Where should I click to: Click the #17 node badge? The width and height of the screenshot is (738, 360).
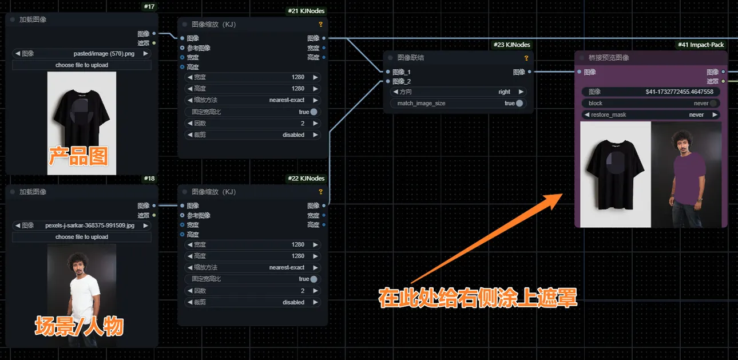coord(149,7)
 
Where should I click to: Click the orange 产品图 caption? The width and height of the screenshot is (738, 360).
coord(78,156)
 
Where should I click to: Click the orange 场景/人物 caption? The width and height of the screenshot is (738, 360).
coord(79,326)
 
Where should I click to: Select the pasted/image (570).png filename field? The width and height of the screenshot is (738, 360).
coord(82,53)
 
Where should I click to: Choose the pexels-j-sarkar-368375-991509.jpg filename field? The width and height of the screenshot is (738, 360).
coord(82,226)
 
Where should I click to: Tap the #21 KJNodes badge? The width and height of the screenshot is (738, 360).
coord(305,11)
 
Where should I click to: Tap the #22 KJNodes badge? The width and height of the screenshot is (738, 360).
coord(305,179)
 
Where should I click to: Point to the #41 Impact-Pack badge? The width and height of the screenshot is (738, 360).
coord(701,45)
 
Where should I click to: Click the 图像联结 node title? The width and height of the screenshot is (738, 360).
coord(410,58)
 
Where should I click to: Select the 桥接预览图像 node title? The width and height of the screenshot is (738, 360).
coord(609,58)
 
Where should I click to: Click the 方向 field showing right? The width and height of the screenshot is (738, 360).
coord(458,92)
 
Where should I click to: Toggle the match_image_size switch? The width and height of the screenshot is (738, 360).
coord(519,104)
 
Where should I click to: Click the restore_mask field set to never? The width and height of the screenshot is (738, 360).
coord(650,114)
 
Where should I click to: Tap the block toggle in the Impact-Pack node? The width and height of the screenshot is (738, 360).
coord(713,104)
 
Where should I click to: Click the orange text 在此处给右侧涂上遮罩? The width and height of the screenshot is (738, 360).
coord(478,298)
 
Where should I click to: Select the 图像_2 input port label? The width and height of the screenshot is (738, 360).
coord(402,81)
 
